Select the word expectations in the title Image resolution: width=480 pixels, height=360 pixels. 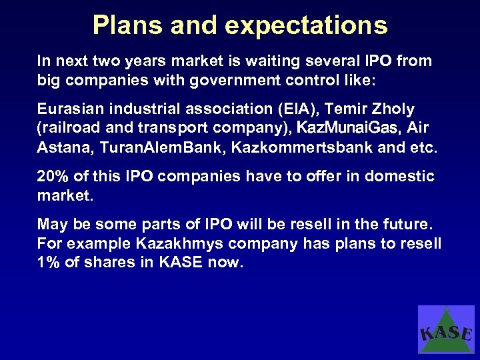click(x=306, y=25)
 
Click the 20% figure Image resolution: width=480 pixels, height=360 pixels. click(x=53, y=176)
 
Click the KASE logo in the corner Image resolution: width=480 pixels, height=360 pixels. click(x=446, y=329)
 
